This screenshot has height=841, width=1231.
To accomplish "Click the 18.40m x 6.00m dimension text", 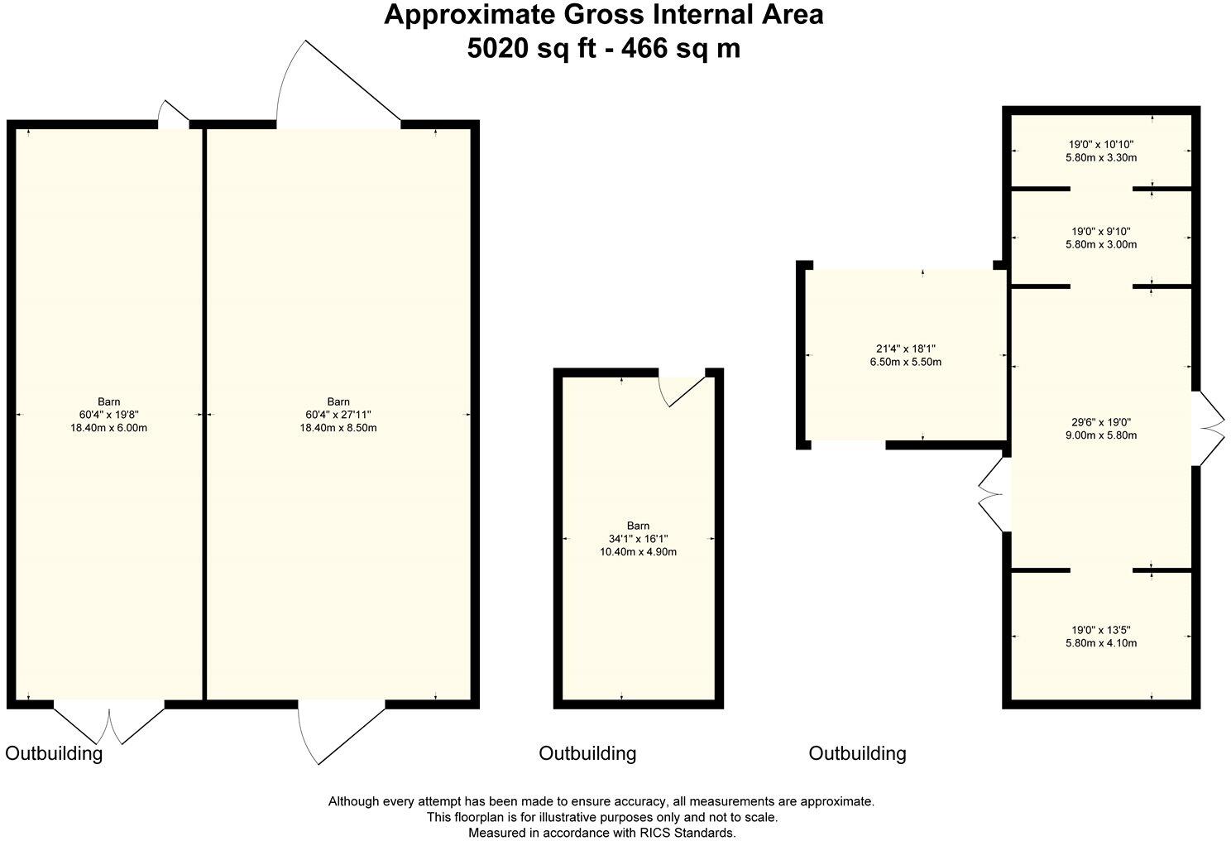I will [x=108, y=428].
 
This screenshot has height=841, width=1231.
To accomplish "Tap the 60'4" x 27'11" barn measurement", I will [x=338, y=415].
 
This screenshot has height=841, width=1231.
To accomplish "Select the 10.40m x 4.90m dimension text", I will [x=638, y=552].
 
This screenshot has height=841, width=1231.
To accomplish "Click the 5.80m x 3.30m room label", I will [x=1101, y=157].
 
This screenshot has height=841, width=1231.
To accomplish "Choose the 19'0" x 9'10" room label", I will [x=1101, y=231].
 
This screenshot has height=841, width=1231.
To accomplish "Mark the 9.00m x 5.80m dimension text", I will [x=1101, y=435].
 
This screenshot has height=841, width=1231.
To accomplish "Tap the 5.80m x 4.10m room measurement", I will [x=1101, y=642].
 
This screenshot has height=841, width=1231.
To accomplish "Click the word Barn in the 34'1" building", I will [x=638, y=526].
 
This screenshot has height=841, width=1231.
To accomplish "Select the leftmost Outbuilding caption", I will [x=55, y=753].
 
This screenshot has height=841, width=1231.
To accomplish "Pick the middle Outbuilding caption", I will [x=587, y=753].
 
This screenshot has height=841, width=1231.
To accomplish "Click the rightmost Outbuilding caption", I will [x=857, y=753].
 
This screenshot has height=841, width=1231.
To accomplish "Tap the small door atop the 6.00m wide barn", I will [x=174, y=114].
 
